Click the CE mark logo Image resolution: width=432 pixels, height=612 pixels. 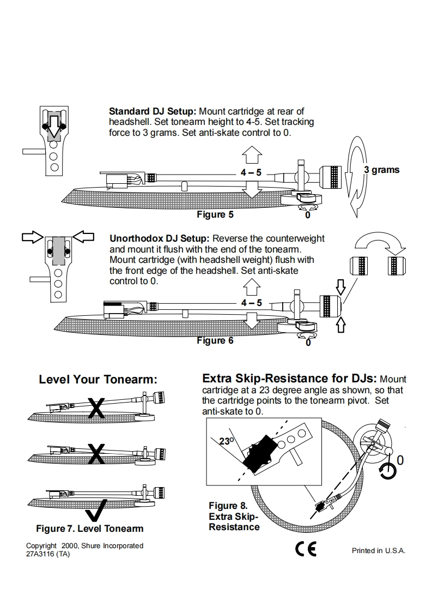pyautogui.click(x=306, y=549)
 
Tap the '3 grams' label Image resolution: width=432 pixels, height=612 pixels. pyautogui.click(x=381, y=170)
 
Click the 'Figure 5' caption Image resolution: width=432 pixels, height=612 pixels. pyautogui.click(x=215, y=214)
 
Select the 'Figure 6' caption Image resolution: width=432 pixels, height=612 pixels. pyautogui.click(x=215, y=340)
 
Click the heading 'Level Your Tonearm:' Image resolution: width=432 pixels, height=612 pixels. pyautogui.click(x=98, y=380)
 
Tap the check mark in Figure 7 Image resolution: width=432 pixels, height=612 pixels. pyautogui.click(x=97, y=512)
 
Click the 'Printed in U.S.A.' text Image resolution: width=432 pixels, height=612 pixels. pyautogui.click(x=379, y=550)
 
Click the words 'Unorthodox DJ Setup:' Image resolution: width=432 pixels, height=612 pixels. pyautogui.click(x=160, y=238)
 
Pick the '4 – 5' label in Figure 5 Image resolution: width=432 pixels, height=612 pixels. pyautogui.click(x=251, y=172)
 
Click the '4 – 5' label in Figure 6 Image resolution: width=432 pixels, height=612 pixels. pyautogui.click(x=251, y=302)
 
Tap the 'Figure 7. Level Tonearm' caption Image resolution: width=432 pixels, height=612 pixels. pyautogui.click(x=90, y=529)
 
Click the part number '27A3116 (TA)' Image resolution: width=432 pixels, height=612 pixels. pyautogui.click(x=48, y=554)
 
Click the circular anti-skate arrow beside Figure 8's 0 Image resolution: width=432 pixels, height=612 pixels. pyautogui.click(x=388, y=471)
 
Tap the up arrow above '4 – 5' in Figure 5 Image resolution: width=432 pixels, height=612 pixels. pyautogui.click(x=251, y=155)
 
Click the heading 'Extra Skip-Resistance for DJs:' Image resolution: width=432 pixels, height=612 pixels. pyautogui.click(x=289, y=379)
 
